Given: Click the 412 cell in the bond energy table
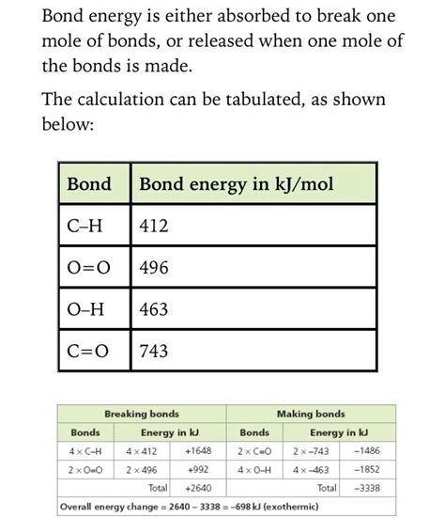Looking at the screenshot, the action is (x=153, y=227).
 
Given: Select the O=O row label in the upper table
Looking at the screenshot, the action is (x=89, y=268).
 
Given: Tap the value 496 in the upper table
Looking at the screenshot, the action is (x=153, y=268).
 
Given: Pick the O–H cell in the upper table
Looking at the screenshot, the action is (x=88, y=309).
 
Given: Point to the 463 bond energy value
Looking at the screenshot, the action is (x=153, y=309).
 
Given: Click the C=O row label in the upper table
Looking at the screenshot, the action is (x=88, y=351).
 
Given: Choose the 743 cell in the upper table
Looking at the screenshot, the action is (x=153, y=351).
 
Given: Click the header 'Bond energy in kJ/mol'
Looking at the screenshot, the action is (x=236, y=184).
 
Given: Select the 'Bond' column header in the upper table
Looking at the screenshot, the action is (x=89, y=184).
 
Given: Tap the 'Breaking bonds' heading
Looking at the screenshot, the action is (x=142, y=414).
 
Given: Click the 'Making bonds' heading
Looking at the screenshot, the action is (x=311, y=414).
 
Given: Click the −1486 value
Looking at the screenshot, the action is (x=367, y=451).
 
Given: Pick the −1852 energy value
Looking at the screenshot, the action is (x=367, y=469).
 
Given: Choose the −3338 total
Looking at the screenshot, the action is (x=367, y=489).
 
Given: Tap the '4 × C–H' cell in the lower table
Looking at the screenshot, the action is (x=85, y=451).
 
